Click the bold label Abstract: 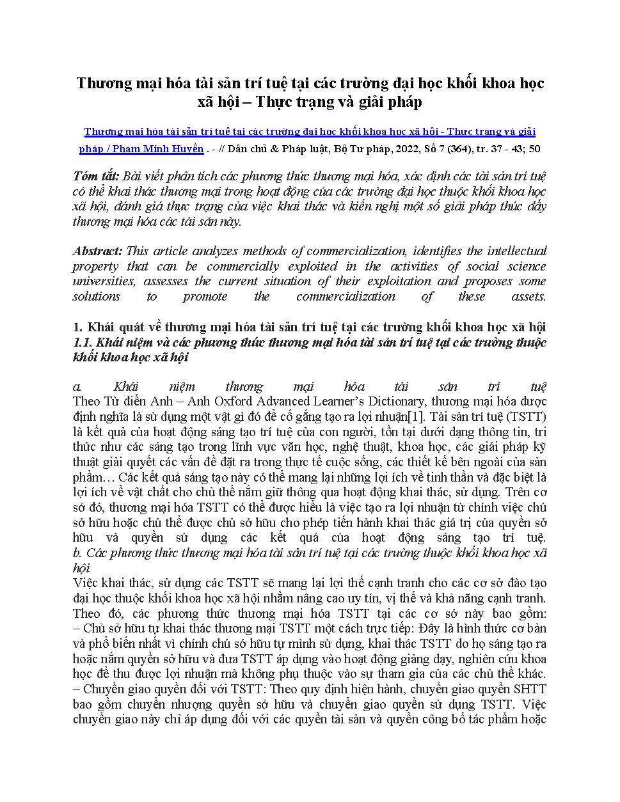(x=97, y=251)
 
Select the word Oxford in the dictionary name (x=236, y=402)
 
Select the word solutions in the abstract (x=96, y=297)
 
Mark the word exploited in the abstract (x=304, y=266)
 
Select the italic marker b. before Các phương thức (x=78, y=553)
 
